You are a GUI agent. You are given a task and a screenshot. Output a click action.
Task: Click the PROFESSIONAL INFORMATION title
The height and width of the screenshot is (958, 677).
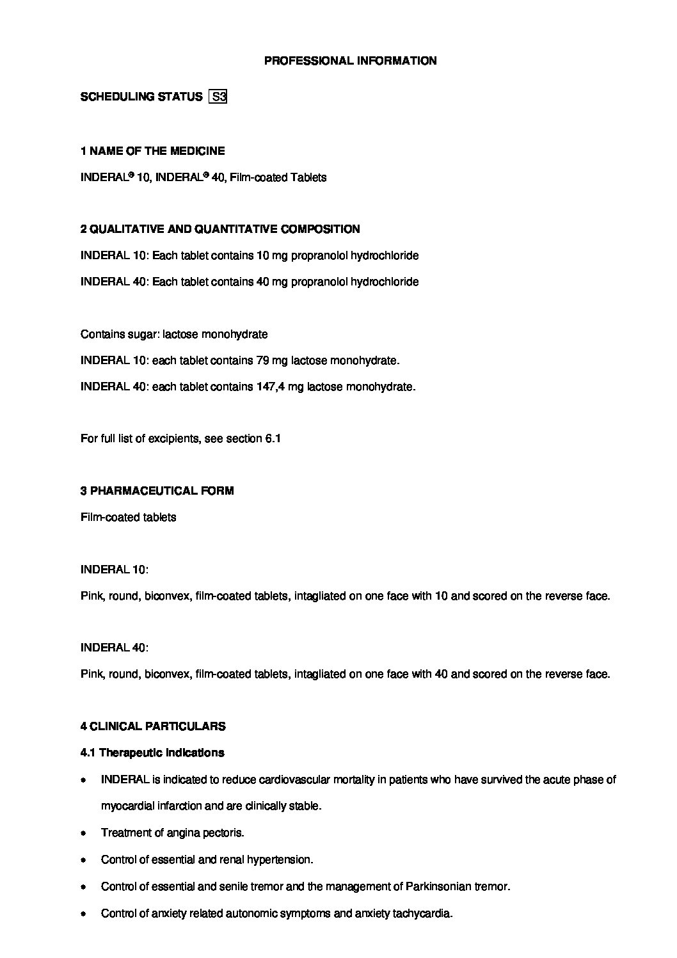(351, 61)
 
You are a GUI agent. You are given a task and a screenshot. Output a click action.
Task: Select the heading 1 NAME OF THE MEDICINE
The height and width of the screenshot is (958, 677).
(152, 151)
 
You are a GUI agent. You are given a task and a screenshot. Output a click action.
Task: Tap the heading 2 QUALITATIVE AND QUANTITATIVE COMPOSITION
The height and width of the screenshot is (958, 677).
(220, 229)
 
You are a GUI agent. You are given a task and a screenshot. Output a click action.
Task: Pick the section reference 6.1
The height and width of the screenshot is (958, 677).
(273, 438)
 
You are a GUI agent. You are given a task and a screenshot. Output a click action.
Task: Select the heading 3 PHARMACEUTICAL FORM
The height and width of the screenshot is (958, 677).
(157, 491)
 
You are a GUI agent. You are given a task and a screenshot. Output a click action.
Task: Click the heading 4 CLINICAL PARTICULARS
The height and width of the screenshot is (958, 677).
(153, 726)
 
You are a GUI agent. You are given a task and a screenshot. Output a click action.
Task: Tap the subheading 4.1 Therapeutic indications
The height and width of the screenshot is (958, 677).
(152, 753)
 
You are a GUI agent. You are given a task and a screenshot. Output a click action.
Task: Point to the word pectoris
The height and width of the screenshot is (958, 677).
(224, 833)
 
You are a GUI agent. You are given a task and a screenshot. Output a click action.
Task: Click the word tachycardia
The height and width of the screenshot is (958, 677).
(420, 913)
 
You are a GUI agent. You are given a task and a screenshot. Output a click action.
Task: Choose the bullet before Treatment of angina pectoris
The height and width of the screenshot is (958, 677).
(83, 833)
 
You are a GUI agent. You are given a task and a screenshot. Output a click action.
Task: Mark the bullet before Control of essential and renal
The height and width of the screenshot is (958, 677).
(83, 860)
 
